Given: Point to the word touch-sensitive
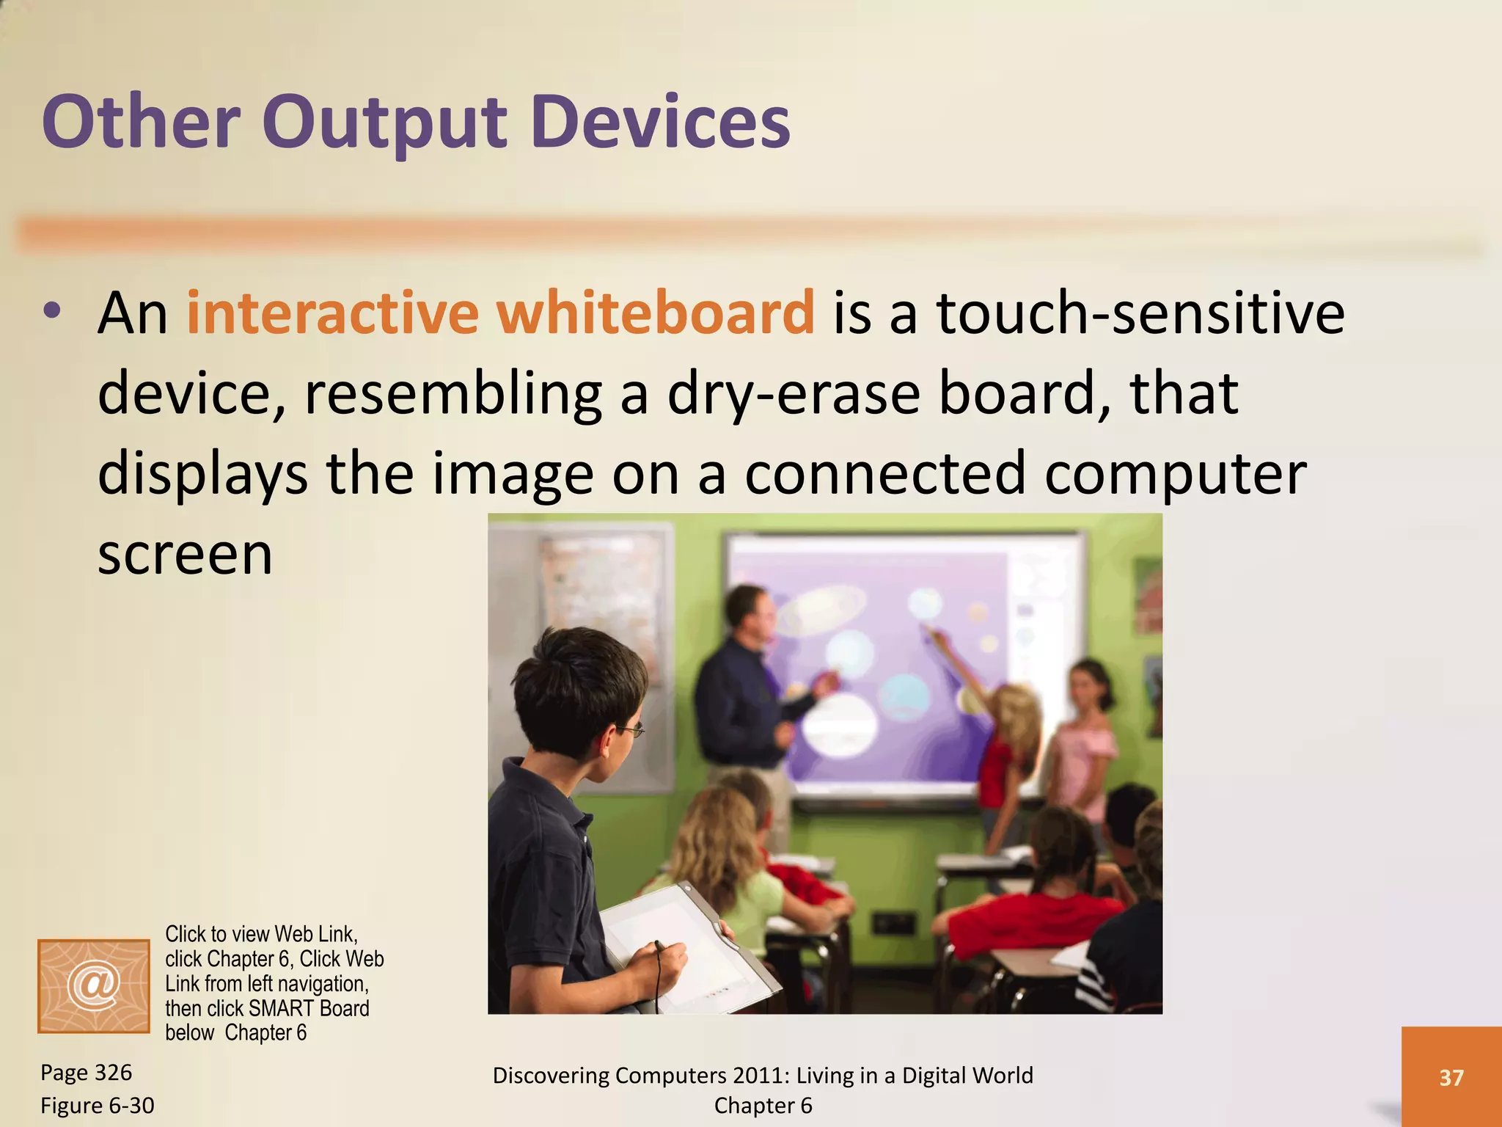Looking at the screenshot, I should tap(1140, 313).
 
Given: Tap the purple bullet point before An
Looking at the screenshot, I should tap(51, 311).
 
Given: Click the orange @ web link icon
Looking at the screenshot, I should tap(93, 985).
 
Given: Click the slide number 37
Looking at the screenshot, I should tap(1451, 1077).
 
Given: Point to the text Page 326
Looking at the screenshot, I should tap(86, 1073).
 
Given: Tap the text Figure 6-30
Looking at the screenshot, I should tap(97, 1105).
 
